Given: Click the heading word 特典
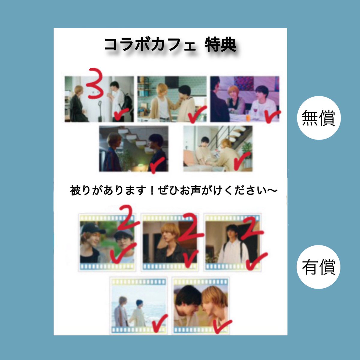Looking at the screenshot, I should [221, 45].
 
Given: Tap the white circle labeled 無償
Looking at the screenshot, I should [319, 118].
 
